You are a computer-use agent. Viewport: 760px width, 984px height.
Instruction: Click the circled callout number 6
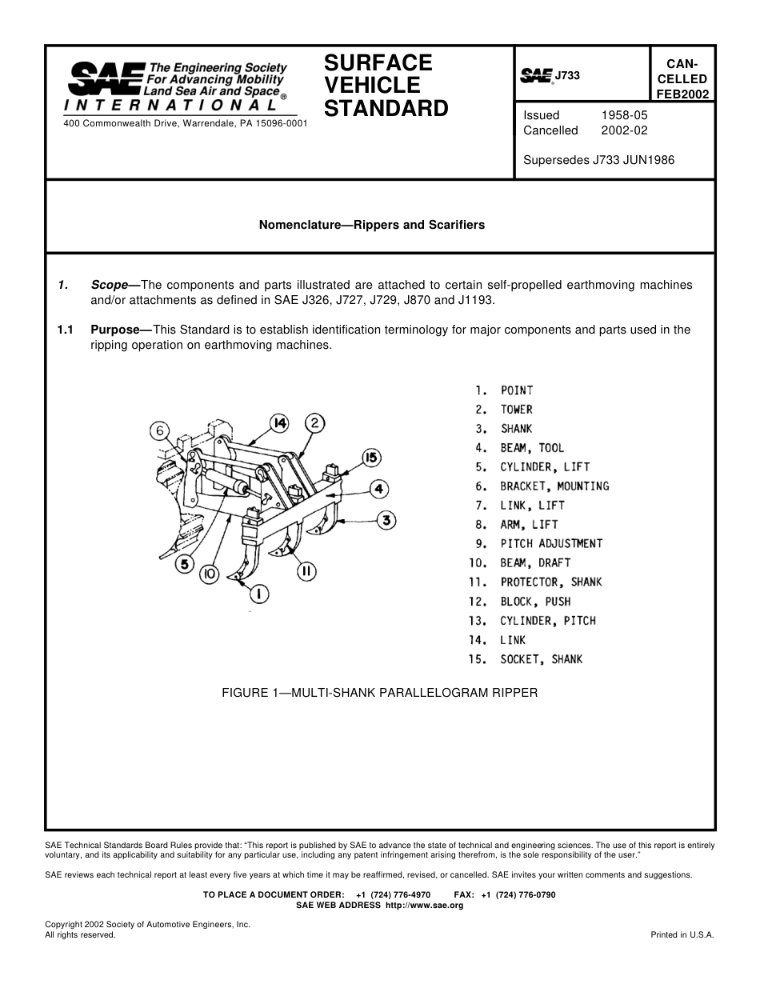click(160, 430)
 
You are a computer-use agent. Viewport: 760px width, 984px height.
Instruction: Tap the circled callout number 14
click(278, 422)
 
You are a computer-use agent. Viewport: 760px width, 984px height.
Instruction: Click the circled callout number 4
click(378, 488)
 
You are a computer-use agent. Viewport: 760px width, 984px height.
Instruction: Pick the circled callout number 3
click(386, 521)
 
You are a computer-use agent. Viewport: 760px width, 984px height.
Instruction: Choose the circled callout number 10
click(210, 574)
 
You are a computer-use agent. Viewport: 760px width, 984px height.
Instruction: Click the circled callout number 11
click(306, 571)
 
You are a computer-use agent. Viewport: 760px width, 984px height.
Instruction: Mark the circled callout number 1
click(259, 594)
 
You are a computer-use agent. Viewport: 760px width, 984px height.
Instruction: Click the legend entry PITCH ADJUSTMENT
click(551, 544)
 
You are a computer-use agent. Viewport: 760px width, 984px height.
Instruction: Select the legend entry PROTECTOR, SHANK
click(551, 582)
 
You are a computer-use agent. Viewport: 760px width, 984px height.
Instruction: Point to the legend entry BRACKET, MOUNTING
click(554, 486)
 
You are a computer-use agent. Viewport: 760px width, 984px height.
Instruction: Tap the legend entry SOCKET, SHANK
click(542, 659)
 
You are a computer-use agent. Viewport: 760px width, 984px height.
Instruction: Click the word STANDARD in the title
click(386, 108)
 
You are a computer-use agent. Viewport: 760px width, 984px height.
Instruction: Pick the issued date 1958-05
click(624, 115)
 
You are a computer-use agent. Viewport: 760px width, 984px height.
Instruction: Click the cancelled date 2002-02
click(624, 130)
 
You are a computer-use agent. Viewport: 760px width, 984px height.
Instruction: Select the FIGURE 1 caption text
click(379, 693)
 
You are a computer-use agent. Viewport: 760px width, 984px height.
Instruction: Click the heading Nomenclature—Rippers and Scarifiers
click(371, 225)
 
